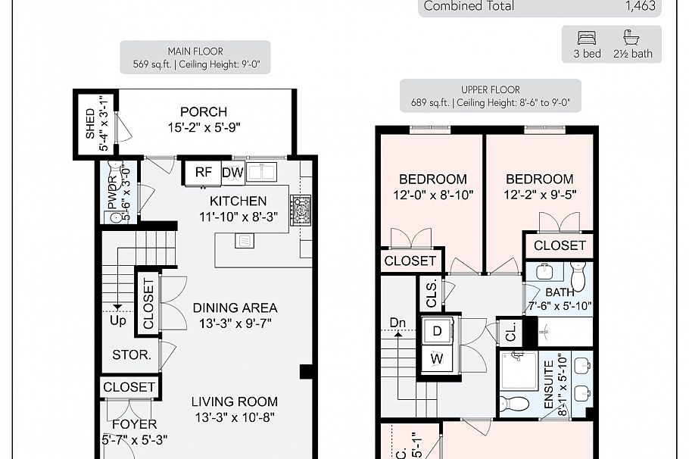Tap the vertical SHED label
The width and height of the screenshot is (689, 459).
pos(90,123)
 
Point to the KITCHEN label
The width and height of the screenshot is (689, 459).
pos(238,201)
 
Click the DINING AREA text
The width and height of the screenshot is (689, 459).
pos(235,308)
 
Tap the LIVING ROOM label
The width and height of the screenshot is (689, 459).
pos(234,401)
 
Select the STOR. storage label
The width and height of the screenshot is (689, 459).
pos(132,354)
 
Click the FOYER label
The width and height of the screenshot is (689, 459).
pos(134,424)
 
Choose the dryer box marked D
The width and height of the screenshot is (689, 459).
pos(438,331)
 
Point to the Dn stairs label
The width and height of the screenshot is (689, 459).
pos(398,322)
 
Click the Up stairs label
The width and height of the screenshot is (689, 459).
pos(118,320)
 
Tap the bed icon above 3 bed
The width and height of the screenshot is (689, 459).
pos(588,37)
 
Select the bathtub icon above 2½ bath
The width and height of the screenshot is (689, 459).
pos(631,37)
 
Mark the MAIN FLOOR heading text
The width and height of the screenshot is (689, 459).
pos(195,51)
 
